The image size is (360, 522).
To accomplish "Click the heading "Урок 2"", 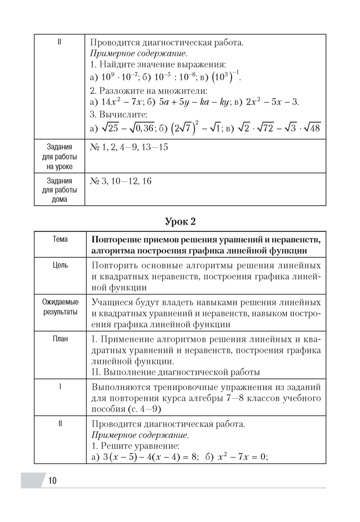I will [180, 221].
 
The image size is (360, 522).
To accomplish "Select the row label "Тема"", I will [60, 239].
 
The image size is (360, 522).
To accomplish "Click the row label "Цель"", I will [60, 265].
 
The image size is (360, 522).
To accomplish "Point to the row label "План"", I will [60, 338].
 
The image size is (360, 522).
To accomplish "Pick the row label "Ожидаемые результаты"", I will [60, 307].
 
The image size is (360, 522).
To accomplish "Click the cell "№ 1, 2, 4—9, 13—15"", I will [129, 148].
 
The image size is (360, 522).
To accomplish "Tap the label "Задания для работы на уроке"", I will [60, 157].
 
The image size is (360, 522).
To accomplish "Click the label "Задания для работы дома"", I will [60, 190].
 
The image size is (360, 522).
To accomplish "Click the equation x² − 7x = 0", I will [241, 456].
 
